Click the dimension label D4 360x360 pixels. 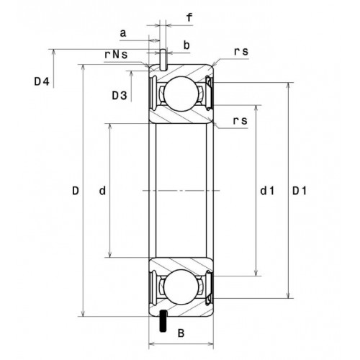[x=42, y=82]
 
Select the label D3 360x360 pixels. [x=120, y=96]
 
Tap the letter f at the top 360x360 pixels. [x=189, y=17]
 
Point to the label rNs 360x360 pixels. [x=116, y=55]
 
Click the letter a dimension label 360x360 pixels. [x=123, y=33]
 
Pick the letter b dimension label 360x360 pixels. [x=186, y=45]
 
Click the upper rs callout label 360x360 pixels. [x=241, y=52]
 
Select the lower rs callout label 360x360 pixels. [x=240, y=121]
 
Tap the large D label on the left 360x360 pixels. [x=76, y=191]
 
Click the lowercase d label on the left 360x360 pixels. [x=102, y=191]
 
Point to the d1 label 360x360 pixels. [x=267, y=191]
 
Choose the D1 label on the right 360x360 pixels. [x=300, y=191]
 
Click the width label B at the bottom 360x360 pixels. [x=181, y=333]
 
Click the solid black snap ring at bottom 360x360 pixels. [x=163, y=321]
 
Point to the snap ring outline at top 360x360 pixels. [x=163, y=60]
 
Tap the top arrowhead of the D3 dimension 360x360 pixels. [x=131, y=73]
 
